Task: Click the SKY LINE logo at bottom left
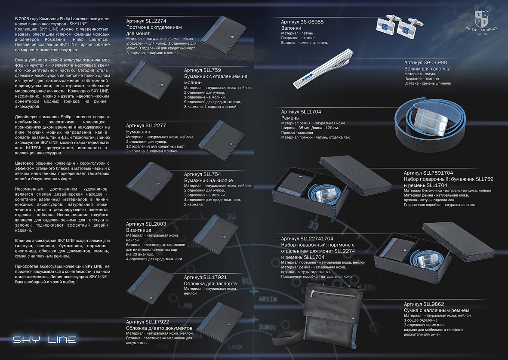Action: click(45, 340)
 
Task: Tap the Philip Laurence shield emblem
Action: click(481, 18)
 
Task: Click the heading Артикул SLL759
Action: click(203, 70)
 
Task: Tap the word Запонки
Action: click(291, 28)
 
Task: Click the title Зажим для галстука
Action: click(427, 69)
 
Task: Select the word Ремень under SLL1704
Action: click(290, 118)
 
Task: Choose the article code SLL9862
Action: click(434, 304)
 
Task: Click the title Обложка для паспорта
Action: click(210, 283)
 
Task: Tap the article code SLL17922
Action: click(157, 322)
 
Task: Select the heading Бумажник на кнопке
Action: click(208, 181)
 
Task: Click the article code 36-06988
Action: click(312, 22)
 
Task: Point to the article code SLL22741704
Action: click(317, 238)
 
